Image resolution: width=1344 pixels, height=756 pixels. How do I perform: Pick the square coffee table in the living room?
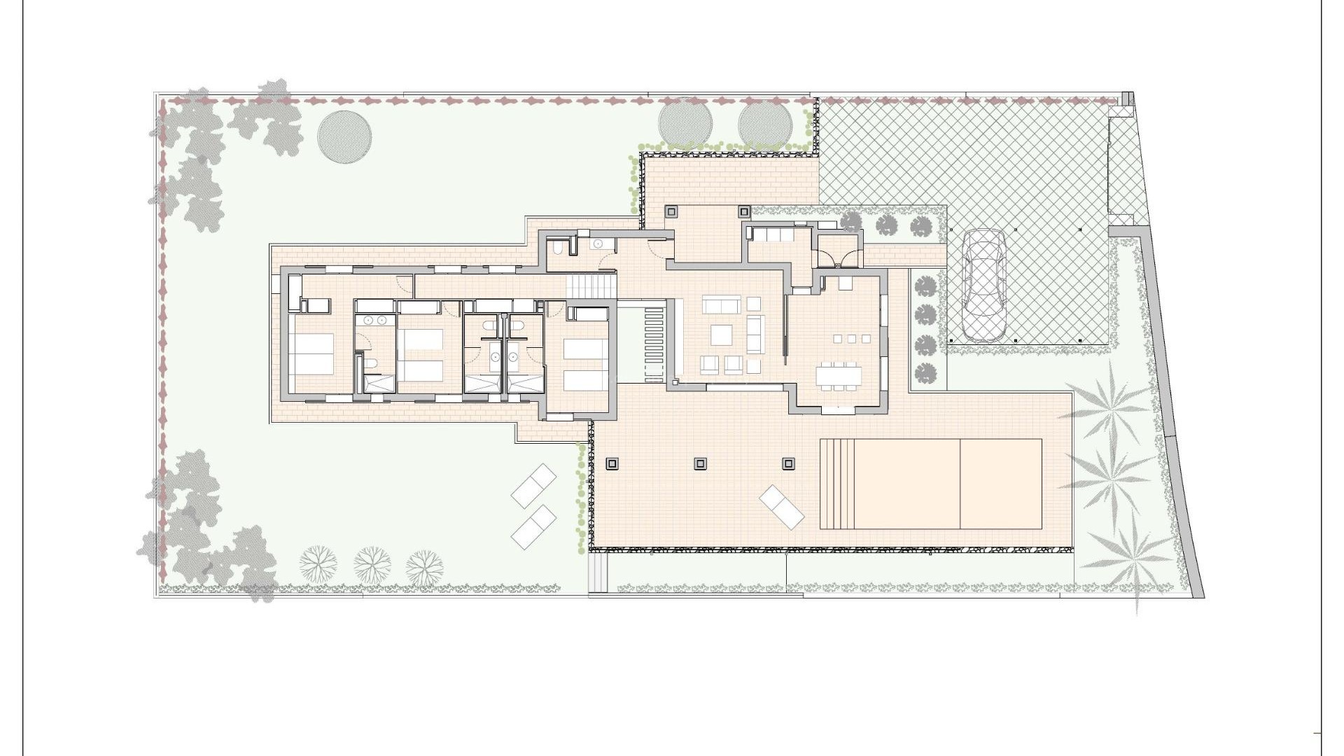coord(721,335)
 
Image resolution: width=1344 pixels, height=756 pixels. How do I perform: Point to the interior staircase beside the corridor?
coord(592,285)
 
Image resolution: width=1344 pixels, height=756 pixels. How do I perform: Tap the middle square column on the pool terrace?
coord(701,463)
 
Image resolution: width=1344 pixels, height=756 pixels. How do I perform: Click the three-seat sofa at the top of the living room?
coord(721,305)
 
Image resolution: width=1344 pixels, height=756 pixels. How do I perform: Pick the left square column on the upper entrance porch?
coord(671,211)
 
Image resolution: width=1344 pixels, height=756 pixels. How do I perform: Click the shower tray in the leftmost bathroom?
coord(378,384)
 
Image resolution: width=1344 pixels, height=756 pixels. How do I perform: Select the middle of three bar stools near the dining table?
coord(851,339)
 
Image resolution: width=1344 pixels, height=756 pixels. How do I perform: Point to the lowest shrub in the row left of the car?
coord(926,371)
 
